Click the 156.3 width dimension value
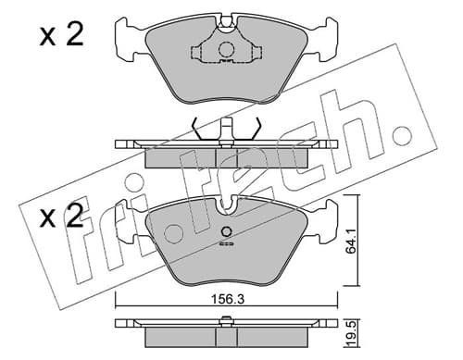[x=227, y=299]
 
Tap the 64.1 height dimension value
[x=351, y=241]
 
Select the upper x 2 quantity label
[x=61, y=35]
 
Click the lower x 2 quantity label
[x=61, y=216]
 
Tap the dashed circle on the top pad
[x=227, y=49]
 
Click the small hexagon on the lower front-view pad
[x=227, y=231]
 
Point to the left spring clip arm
[x=197, y=130]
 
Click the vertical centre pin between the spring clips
[x=227, y=130]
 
